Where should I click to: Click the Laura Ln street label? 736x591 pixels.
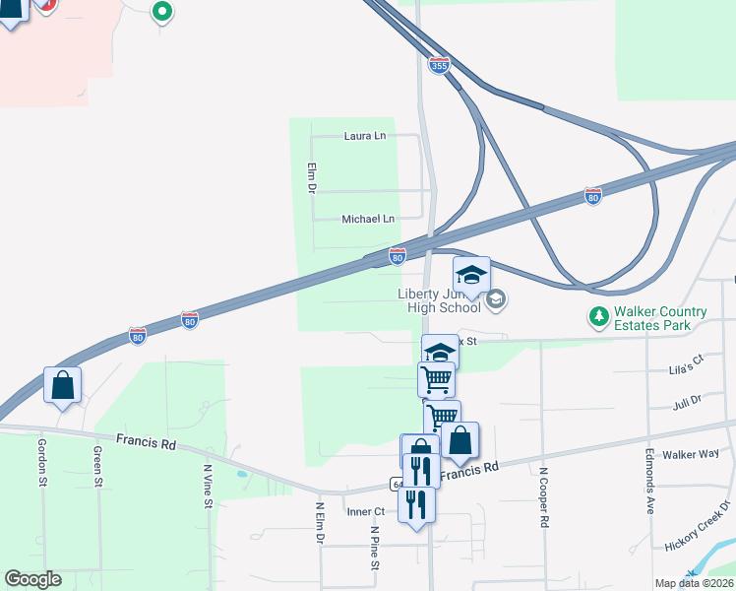click(x=364, y=136)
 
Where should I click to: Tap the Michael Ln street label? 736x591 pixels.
click(x=367, y=219)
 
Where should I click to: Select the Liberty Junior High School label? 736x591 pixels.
click(x=439, y=299)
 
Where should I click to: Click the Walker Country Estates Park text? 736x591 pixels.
click(x=660, y=317)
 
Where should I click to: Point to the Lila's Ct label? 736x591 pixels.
click(x=688, y=361)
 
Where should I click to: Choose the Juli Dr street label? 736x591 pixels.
click(x=687, y=403)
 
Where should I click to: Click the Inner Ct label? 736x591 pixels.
click(x=365, y=511)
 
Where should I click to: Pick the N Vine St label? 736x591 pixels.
click(x=208, y=487)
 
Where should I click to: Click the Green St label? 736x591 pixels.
click(x=97, y=467)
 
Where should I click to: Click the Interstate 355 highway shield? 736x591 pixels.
click(x=439, y=65)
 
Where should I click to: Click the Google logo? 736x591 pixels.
click(x=32, y=579)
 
